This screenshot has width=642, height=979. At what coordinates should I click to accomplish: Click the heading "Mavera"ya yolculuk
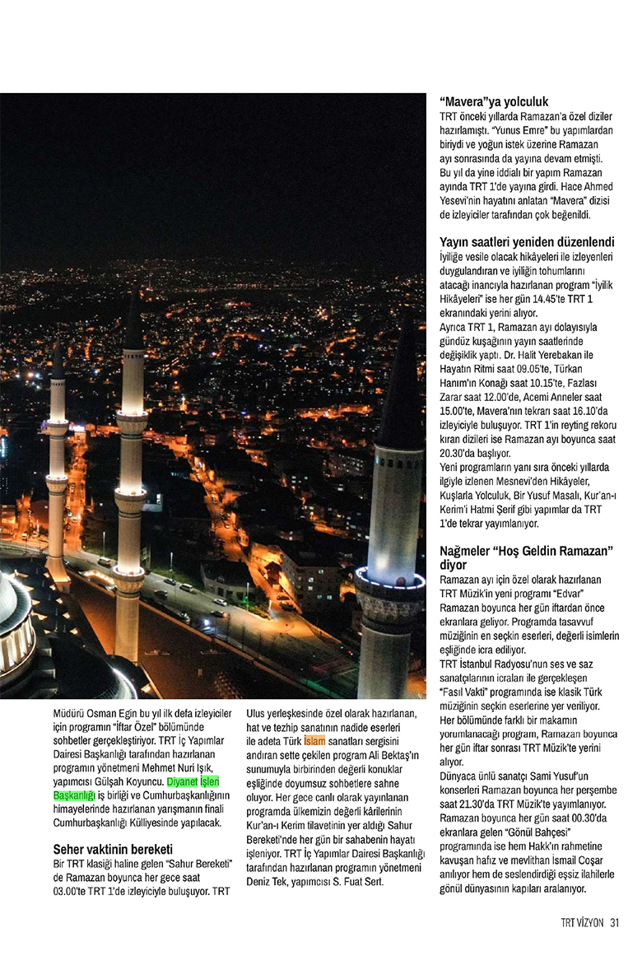click(494, 102)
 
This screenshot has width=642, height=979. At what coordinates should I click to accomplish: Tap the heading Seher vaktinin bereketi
click(113, 849)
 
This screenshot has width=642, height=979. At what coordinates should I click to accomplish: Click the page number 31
click(614, 922)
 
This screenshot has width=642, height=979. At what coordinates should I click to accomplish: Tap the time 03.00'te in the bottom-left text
click(75, 891)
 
